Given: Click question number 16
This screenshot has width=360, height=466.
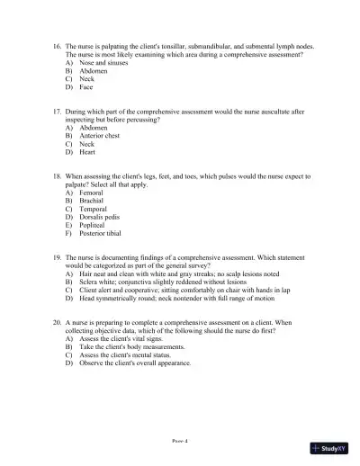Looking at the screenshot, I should point(57,45).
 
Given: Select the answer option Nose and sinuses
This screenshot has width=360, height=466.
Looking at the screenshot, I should point(98,63).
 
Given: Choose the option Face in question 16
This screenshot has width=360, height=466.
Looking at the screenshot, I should point(85,87).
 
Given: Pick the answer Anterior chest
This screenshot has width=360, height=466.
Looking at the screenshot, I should point(99,136).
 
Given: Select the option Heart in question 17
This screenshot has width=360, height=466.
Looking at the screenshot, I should point(87,152).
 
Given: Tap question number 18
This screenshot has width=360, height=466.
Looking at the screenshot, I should point(57,176).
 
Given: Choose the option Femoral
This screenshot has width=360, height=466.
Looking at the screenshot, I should point(92,193).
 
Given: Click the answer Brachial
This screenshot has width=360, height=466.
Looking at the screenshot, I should point(92,201).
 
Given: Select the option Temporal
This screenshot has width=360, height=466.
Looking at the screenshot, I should point(94,209).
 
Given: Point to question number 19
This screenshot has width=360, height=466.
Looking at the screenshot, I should point(57,257).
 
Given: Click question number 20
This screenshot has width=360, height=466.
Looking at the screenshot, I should point(57,322).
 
